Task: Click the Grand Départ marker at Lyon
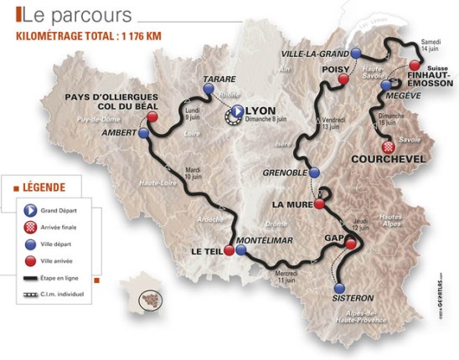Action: [236, 111]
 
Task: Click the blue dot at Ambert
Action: [144, 133]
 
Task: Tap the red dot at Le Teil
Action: [228, 249]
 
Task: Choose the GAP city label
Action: [335, 239]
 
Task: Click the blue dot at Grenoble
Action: [315, 173]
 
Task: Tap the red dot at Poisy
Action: [342, 79]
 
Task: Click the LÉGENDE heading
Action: [42, 186]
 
